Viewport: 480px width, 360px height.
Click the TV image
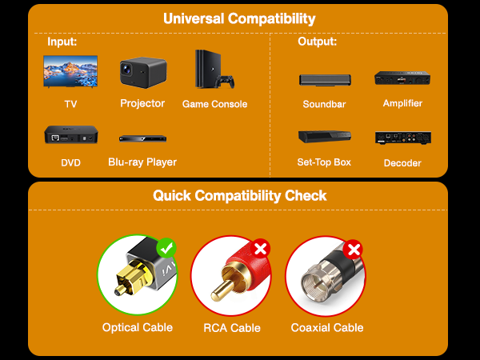(x=70, y=71)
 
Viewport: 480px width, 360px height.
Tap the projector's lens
(x=126, y=69)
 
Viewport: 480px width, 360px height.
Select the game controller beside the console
(x=225, y=81)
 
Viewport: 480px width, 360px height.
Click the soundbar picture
(x=325, y=80)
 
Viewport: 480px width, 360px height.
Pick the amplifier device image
(x=402, y=78)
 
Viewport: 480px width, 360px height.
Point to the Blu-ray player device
(x=142, y=138)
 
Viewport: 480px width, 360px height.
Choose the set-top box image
(x=325, y=137)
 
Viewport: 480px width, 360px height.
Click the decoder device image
(x=403, y=138)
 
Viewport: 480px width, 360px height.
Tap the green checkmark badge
(x=166, y=248)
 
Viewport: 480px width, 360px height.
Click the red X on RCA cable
(x=260, y=249)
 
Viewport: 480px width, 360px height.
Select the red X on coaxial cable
(x=353, y=250)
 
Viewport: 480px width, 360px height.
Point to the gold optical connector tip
(x=121, y=290)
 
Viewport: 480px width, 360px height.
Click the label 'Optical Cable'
(x=138, y=327)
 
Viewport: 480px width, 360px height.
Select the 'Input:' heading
(x=62, y=42)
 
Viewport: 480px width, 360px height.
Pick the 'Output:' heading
(x=317, y=42)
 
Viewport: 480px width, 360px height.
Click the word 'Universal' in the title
(x=194, y=18)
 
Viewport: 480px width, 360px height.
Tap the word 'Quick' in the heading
(x=172, y=195)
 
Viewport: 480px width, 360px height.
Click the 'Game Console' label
(x=214, y=104)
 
